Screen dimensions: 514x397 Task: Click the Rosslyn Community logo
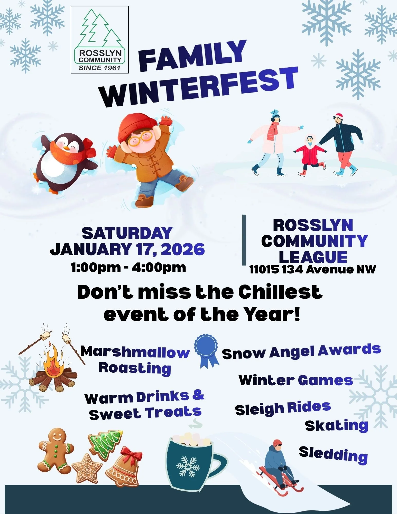pyautogui.click(x=100, y=40)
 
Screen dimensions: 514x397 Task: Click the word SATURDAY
pyautogui.click(x=127, y=233)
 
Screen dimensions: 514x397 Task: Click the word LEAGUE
pyautogui.click(x=313, y=257)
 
